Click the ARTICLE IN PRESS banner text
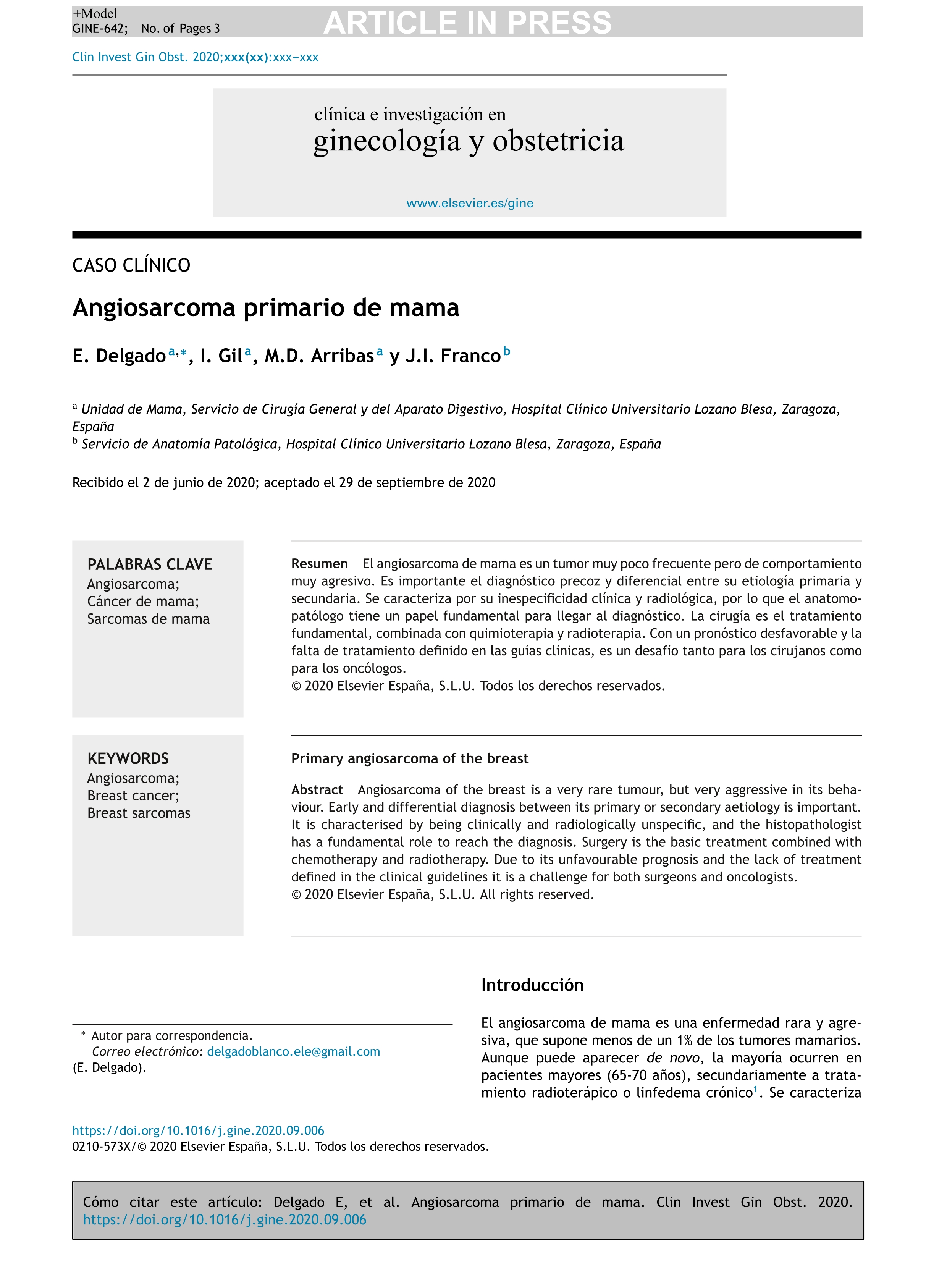click(x=467, y=23)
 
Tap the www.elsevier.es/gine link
click(x=469, y=203)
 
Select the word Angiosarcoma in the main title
click(x=154, y=308)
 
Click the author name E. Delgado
click(x=119, y=356)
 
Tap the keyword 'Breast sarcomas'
click(x=139, y=813)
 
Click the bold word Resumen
click(x=319, y=564)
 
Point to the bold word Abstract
click(x=317, y=790)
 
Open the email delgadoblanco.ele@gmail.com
click(x=293, y=1051)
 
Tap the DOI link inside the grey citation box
click(x=224, y=1219)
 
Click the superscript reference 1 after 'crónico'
click(x=755, y=1090)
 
